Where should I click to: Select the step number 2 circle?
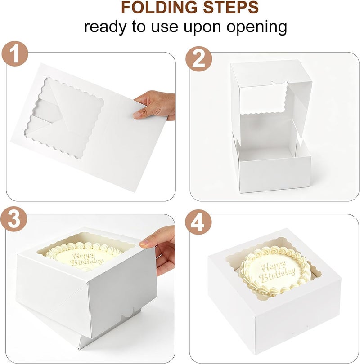coord(199,58)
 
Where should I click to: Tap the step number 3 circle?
coord(14,219)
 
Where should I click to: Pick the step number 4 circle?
coord(198,222)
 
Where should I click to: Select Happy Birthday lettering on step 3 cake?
coord(87,259)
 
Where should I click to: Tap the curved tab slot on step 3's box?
coord(128,313)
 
